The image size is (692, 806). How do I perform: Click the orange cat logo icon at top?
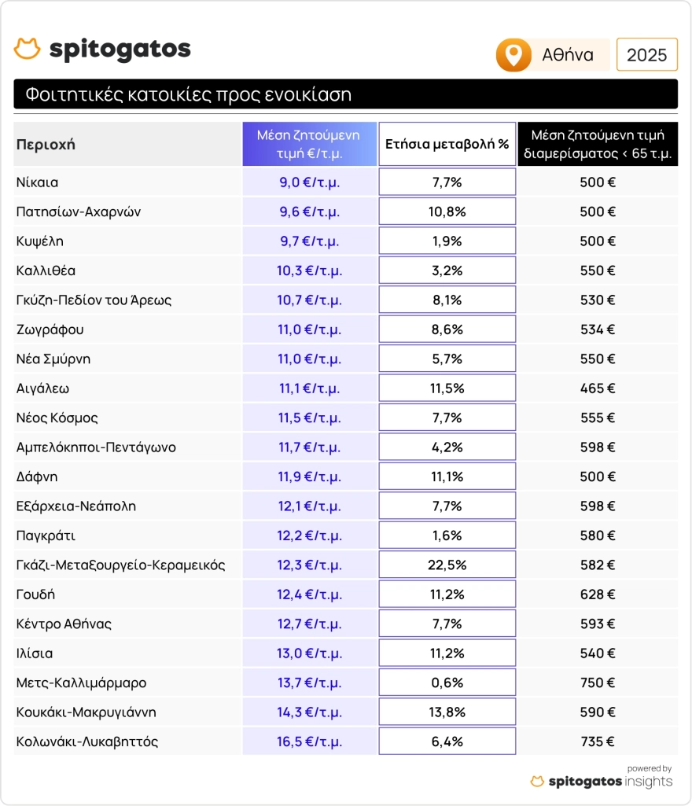pyautogui.click(x=27, y=49)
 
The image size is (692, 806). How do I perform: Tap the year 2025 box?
pyautogui.click(x=646, y=55)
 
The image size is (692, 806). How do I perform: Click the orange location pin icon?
pyautogui.click(x=513, y=55)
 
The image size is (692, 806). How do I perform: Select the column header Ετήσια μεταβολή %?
pyautogui.click(x=447, y=144)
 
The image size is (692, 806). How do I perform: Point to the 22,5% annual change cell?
pyautogui.click(x=447, y=565)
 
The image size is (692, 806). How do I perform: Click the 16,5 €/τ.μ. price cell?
pyautogui.click(x=309, y=742)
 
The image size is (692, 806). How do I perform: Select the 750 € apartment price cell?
pyautogui.click(x=598, y=683)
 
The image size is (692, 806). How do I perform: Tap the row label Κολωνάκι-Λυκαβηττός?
pyautogui.click(x=87, y=742)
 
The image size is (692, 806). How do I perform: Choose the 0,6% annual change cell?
pyautogui.click(x=447, y=683)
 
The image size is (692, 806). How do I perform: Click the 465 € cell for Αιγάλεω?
pyautogui.click(x=598, y=388)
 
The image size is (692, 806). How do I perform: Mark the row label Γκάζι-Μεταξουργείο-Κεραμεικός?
pyautogui.click(x=121, y=565)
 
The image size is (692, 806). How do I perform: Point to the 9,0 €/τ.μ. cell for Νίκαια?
pyautogui.click(x=309, y=182)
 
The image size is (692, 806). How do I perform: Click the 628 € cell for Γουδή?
pyautogui.click(x=598, y=594)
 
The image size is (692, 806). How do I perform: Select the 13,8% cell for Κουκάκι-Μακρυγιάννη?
pyautogui.click(x=447, y=712)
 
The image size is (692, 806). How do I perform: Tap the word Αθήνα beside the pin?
pyautogui.click(x=568, y=55)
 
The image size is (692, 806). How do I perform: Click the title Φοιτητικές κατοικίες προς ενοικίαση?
pyautogui.click(x=188, y=95)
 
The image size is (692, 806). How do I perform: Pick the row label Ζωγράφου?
pyautogui.click(x=50, y=329)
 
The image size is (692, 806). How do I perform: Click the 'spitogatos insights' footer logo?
pyautogui.click(x=602, y=781)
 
